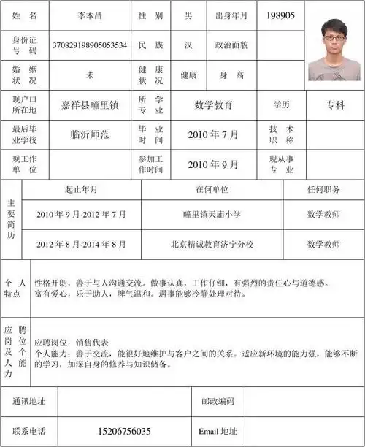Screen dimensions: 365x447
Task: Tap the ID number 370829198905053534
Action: click(90, 45)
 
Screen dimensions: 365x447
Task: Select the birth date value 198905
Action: click(280, 15)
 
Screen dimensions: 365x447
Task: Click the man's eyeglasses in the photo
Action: click(333, 37)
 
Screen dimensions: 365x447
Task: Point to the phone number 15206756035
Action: click(124, 431)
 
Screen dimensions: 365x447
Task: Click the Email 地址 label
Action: click(218, 431)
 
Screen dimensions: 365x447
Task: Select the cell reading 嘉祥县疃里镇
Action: click(90, 104)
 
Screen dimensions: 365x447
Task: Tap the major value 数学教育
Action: click(214, 104)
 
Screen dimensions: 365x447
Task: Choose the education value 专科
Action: click(335, 104)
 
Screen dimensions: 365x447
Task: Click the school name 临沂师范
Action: click(90, 134)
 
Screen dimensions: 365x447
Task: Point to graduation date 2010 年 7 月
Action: click(213, 134)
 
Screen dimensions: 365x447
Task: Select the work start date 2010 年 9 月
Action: click(213, 164)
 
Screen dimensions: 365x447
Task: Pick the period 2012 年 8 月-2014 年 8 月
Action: click(81, 244)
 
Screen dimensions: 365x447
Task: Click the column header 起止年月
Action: click(81, 189)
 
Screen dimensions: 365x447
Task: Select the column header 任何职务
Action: click(323, 189)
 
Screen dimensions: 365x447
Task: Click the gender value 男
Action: click(188, 15)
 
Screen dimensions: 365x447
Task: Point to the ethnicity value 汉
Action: click(188, 45)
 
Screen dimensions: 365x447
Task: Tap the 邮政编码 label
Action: click(218, 401)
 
